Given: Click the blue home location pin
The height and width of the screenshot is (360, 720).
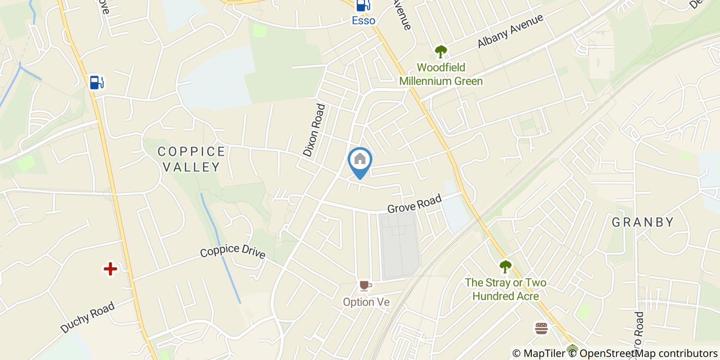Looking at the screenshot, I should pyautogui.click(x=360, y=160).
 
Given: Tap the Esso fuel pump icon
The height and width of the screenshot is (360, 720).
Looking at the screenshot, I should pyautogui.click(x=363, y=6).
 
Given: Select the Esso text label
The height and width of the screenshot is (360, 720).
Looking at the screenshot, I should pyautogui.click(x=363, y=21).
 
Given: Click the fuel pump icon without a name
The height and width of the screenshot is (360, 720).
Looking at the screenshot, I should pyautogui.click(x=96, y=82).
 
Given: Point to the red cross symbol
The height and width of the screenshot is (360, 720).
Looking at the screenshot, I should pyautogui.click(x=110, y=268).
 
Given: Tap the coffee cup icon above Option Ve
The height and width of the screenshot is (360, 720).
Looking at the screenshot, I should pyautogui.click(x=365, y=285).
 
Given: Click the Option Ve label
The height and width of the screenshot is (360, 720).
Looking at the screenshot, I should pyautogui.click(x=366, y=302).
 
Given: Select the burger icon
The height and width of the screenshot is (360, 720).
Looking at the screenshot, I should pyautogui.click(x=541, y=328).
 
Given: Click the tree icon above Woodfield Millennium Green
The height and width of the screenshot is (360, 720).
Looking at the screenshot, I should pyautogui.click(x=441, y=51).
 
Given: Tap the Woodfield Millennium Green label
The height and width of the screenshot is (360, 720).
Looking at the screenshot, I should pyautogui.click(x=441, y=75).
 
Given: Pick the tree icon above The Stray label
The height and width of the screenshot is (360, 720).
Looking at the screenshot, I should pyautogui.click(x=506, y=266).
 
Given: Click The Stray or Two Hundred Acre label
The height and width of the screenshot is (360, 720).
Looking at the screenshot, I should pyautogui.click(x=506, y=290).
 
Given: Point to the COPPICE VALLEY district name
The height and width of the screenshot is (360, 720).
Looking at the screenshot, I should pyautogui.click(x=191, y=159).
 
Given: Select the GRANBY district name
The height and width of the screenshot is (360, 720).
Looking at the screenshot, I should pyautogui.click(x=642, y=222).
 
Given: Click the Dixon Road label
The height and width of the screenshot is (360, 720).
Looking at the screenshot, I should pyautogui.click(x=314, y=130).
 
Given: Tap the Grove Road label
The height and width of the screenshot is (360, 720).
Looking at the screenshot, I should pyautogui.click(x=415, y=204).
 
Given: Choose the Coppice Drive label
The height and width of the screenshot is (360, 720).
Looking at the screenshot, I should pyautogui.click(x=232, y=251).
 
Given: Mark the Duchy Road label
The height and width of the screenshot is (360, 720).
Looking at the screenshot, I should pyautogui.click(x=87, y=317).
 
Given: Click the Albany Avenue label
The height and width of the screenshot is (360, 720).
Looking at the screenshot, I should pyautogui.click(x=510, y=31).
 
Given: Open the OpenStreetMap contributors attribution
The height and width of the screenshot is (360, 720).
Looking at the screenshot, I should pyautogui.click(x=649, y=353).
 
